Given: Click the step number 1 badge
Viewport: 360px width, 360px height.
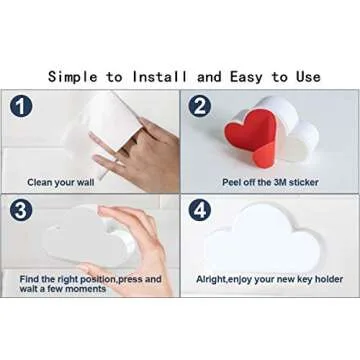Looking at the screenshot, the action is (x=21, y=106).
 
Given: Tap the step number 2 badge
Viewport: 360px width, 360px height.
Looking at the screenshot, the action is (x=199, y=106).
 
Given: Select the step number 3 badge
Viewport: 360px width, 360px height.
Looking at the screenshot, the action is (x=21, y=210).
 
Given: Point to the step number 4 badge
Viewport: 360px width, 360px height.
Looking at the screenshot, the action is (x=199, y=211).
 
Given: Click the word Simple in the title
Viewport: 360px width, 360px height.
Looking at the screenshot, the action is (x=73, y=77).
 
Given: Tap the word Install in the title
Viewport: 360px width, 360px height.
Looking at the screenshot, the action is (x=160, y=77).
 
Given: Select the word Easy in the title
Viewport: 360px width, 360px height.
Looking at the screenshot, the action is (x=247, y=77).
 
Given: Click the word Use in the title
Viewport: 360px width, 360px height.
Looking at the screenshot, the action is (x=308, y=77).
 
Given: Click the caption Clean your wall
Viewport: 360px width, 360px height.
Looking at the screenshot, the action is (x=61, y=183).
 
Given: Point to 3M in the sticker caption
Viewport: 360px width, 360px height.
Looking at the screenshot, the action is (x=280, y=182).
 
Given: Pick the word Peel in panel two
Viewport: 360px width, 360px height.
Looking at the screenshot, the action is (x=231, y=182).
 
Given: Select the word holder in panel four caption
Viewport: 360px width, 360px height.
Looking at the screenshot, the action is (x=329, y=279).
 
